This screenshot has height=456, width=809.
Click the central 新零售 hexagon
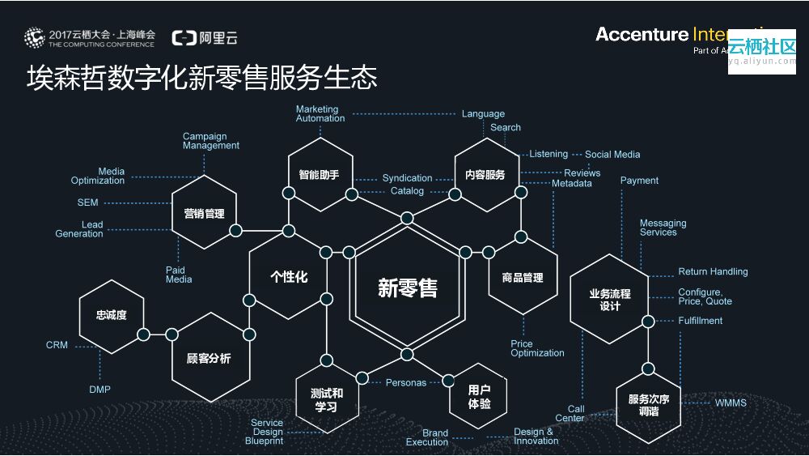tap(407, 288)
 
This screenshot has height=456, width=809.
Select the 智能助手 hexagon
tap(320, 175)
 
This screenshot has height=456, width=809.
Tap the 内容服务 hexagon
tap(485, 175)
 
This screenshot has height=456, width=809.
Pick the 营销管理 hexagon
tap(204, 214)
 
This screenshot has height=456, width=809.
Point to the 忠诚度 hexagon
tap(112, 315)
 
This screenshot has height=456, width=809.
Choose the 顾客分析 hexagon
tap(209, 357)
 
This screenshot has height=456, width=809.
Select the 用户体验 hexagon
tap(479, 396)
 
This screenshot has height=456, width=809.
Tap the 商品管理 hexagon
tap(523, 278)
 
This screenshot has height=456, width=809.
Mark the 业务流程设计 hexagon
tap(610, 300)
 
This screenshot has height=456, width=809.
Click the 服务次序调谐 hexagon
tap(649, 405)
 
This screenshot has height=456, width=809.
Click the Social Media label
tap(612, 154)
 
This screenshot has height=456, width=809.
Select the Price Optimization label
tap(537, 348)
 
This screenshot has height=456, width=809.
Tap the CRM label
tap(57, 345)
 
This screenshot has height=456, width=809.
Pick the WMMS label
tap(731, 403)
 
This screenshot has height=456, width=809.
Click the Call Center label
tap(570, 414)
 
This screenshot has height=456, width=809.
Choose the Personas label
tap(405, 382)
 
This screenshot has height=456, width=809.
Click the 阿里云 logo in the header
tap(205, 37)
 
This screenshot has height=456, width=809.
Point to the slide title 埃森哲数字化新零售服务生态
tap(202, 79)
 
